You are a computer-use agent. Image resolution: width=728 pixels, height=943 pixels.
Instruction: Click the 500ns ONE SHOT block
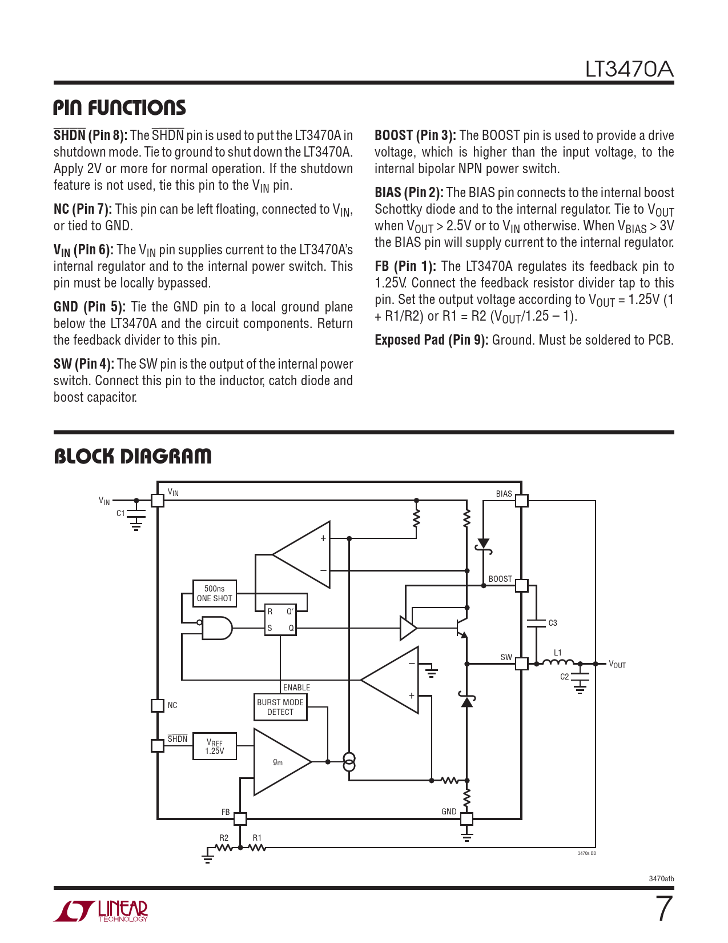click(215, 593)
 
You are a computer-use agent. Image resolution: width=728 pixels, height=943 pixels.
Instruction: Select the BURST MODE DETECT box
click(280, 707)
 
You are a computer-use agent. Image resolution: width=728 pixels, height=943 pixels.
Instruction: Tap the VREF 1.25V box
click(215, 746)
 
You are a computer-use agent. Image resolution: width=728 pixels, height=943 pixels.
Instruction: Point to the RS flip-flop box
click(280, 620)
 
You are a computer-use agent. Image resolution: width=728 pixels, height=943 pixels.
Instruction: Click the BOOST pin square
click(521, 585)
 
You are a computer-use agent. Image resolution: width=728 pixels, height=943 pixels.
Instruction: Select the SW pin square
click(521, 664)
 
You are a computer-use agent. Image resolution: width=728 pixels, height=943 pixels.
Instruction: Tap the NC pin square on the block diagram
click(158, 705)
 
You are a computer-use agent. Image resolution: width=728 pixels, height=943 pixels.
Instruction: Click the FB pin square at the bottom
click(240, 818)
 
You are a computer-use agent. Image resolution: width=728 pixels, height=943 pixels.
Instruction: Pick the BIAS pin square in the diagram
click(521, 501)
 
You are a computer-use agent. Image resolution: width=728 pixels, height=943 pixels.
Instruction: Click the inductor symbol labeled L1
click(558, 662)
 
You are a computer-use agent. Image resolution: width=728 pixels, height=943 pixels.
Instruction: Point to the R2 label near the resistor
click(224, 838)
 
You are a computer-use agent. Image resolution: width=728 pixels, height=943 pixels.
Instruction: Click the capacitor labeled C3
click(536, 623)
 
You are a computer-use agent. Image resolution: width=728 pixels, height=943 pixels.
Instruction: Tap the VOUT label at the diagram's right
click(617, 664)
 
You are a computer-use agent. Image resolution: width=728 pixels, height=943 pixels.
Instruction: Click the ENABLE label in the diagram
click(296, 688)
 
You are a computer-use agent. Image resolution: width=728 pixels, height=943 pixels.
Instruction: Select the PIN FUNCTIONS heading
click(119, 108)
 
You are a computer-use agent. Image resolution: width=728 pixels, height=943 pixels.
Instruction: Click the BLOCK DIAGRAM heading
click(132, 457)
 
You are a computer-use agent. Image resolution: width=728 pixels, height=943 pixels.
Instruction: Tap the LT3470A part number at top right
click(629, 70)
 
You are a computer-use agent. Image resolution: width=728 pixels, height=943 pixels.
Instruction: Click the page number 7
click(663, 909)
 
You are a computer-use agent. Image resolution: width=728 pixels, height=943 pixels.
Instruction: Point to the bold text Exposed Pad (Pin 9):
click(431, 340)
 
